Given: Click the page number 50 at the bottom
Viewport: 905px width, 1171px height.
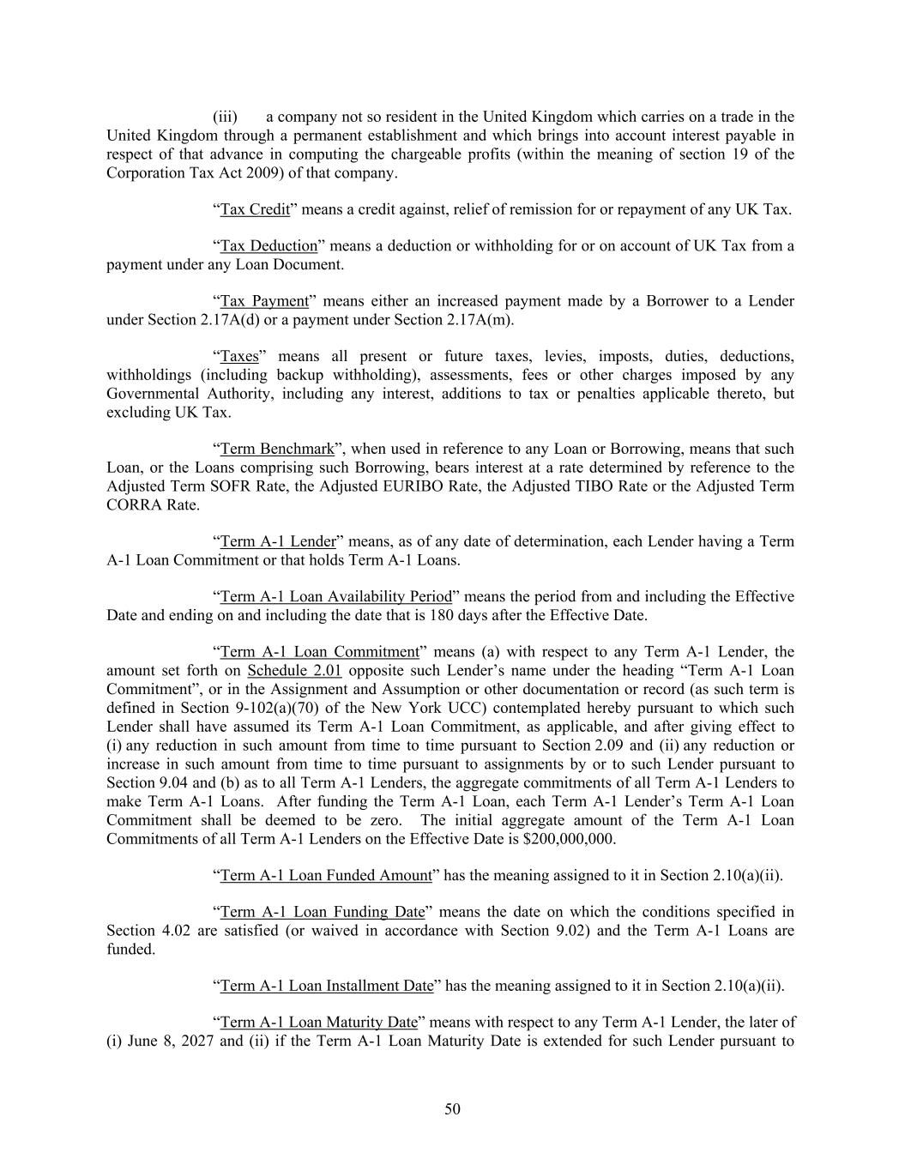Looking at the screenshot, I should tap(452, 1109).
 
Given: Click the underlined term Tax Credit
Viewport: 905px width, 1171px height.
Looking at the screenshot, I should tap(255, 209).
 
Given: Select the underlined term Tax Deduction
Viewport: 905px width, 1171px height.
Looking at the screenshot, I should tap(268, 246).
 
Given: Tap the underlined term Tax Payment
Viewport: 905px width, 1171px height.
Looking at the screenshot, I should tap(264, 301).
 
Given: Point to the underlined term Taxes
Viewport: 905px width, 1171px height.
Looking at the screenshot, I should tap(239, 356).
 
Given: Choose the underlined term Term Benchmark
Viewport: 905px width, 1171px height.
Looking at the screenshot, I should tap(277, 449).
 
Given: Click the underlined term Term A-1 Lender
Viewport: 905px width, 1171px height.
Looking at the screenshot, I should tap(278, 541).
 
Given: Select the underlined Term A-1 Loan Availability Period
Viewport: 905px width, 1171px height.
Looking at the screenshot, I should tap(335, 596).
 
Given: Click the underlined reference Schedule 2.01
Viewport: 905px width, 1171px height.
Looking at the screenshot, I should tap(294, 670).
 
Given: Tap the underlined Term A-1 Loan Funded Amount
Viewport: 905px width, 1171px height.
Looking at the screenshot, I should tap(326, 875).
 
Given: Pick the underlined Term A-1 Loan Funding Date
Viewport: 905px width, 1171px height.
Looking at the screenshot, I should tap(323, 912).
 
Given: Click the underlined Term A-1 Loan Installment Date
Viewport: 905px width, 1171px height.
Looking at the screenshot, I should tap(327, 986).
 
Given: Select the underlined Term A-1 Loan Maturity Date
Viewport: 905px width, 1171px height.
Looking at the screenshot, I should tap(318, 1023).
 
